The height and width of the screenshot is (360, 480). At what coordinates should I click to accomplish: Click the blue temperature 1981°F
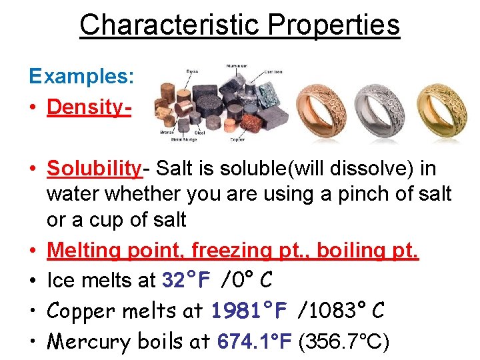[x=249, y=311]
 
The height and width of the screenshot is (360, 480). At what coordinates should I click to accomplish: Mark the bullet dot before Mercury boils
[x=33, y=342]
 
